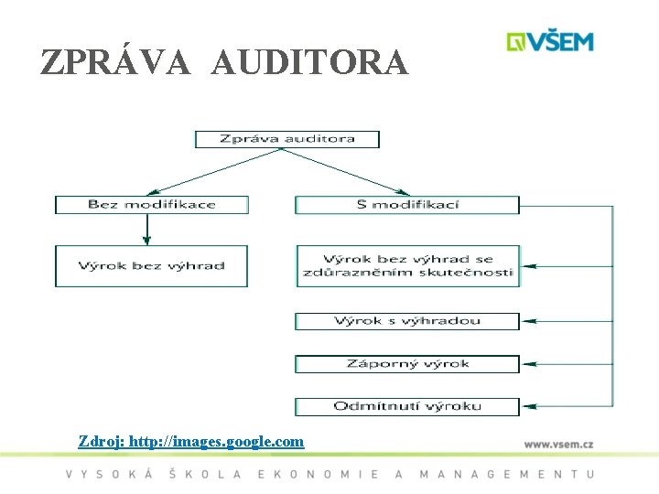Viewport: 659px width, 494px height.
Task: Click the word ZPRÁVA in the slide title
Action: [x=115, y=62]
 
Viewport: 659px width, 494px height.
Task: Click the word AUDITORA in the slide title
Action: [x=309, y=62]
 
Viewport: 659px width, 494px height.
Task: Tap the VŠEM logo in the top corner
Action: [x=551, y=42]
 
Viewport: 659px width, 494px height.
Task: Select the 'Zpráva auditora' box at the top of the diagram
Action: [x=286, y=139]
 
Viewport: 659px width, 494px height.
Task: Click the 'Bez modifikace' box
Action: [x=151, y=204]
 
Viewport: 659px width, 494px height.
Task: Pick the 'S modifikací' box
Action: [x=406, y=204]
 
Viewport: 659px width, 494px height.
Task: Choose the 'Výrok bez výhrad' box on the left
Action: [x=151, y=266]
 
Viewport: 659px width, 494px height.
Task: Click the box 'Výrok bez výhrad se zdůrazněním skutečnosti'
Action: [x=407, y=266]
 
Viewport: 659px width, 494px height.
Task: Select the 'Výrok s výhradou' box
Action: [x=407, y=321]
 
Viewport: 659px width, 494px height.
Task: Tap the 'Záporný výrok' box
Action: [x=407, y=364]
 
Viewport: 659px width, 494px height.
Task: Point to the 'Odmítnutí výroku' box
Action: [x=407, y=406]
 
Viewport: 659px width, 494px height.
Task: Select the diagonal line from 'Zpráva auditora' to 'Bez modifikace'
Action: [x=220, y=171]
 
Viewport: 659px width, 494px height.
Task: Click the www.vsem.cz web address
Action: [x=558, y=444]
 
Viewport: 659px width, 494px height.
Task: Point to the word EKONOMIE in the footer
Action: [x=319, y=474]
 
